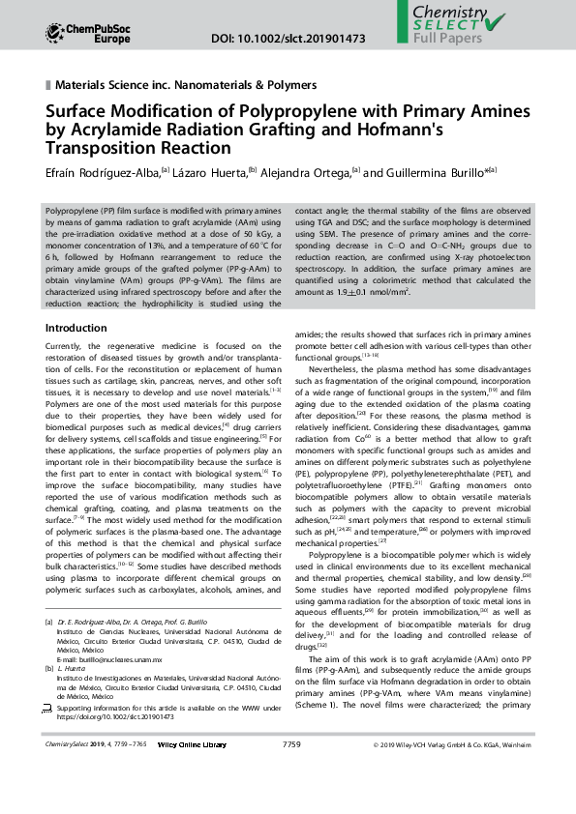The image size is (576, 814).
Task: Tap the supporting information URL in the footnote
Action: (x=121, y=717)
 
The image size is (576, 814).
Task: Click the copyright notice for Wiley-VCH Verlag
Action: (x=452, y=744)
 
